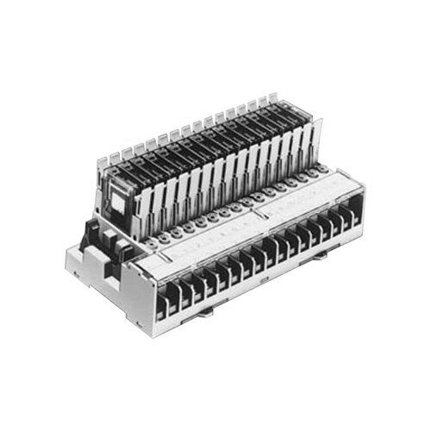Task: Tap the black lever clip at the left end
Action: [x=91, y=234]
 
